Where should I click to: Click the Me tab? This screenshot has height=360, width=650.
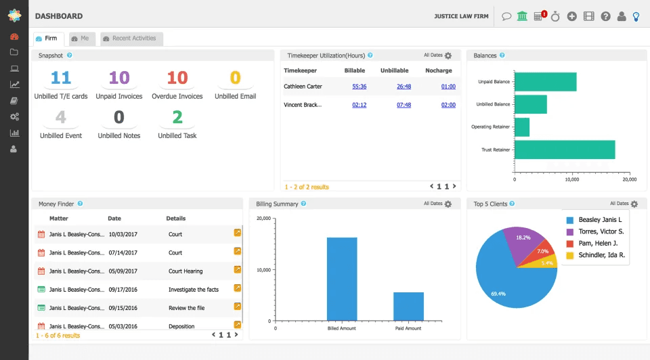click(x=82, y=39)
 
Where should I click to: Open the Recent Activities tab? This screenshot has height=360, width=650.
click(x=131, y=39)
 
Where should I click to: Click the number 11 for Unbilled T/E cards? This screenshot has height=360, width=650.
click(x=61, y=77)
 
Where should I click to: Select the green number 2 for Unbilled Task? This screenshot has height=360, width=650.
click(x=177, y=117)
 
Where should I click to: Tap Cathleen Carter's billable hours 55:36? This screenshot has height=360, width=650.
click(x=360, y=87)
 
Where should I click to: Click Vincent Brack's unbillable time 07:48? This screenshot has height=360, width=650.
click(x=404, y=105)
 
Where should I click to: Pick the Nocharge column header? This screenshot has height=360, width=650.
click(x=439, y=70)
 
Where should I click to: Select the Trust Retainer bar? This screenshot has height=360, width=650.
click(x=565, y=150)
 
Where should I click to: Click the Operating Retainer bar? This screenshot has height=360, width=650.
click(x=522, y=127)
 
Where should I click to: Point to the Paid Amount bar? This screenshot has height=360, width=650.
click(x=408, y=307)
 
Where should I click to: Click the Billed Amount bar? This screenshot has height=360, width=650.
click(x=342, y=279)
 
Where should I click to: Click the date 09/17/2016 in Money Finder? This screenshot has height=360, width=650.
click(x=123, y=290)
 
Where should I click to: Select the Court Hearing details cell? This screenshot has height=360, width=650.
click(x=186, y=271)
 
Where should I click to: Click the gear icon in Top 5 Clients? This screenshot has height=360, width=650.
click(x=634, y=204)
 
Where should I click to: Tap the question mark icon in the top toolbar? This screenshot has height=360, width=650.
click(x=605, y=16)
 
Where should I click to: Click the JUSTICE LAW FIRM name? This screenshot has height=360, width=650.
click(x=461, y=16)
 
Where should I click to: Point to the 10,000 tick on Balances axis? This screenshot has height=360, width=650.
click(x=572, y=179)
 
